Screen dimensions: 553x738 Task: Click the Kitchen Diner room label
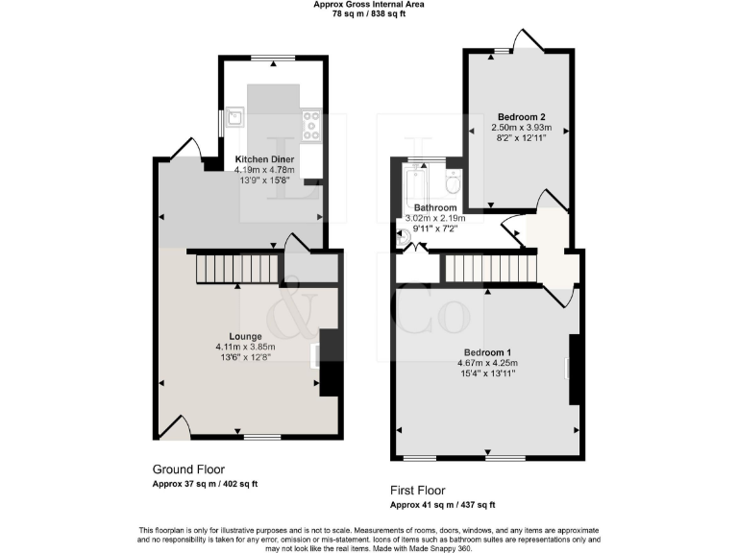point(265,158)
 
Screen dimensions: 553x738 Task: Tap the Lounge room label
point(245,336)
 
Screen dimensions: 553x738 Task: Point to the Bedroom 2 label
point(519,115)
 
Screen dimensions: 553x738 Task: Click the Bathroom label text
point(435,207)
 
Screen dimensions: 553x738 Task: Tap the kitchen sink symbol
point(234,119)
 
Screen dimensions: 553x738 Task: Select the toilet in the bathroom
point(453,181)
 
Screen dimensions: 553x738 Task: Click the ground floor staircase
point(238,268)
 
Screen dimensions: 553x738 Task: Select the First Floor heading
point(418,490)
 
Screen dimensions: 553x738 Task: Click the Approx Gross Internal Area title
point(369,5)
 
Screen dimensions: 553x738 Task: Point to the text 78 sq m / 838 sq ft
point(369,14)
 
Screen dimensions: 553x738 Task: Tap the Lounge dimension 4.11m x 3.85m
point(245,347)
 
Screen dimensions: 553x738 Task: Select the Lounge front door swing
point(173,425)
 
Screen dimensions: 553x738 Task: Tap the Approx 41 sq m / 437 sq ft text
point(442,504)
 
